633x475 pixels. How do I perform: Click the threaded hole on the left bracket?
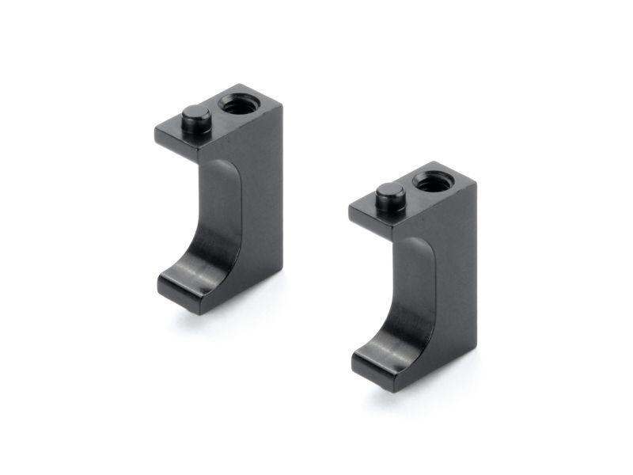point(234,103)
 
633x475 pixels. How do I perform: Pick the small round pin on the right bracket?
point(389,194)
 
